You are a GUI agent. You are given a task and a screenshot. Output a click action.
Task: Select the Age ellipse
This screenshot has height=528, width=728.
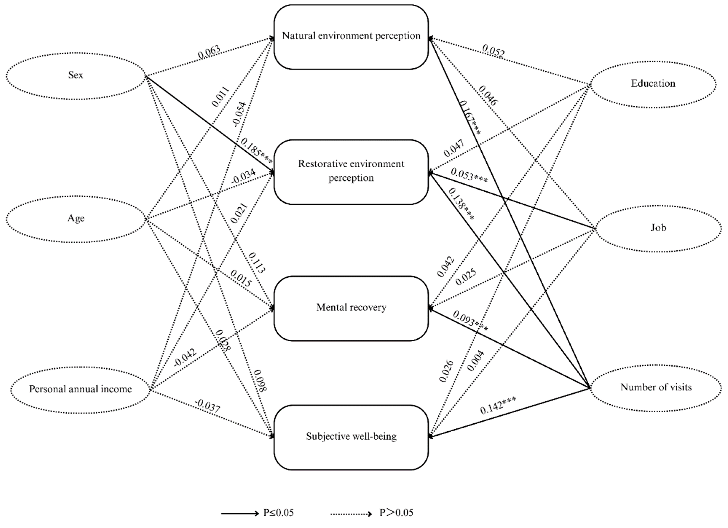[76, 219]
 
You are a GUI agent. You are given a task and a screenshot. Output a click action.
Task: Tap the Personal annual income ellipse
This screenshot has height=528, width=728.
[80, 389]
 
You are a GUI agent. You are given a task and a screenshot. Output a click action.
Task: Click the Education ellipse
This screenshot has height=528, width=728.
[653, 84]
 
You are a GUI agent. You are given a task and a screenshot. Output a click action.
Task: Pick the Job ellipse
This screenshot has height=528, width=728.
[658, 228]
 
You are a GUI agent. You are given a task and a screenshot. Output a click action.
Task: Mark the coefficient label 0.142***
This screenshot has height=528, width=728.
[498, 406]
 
